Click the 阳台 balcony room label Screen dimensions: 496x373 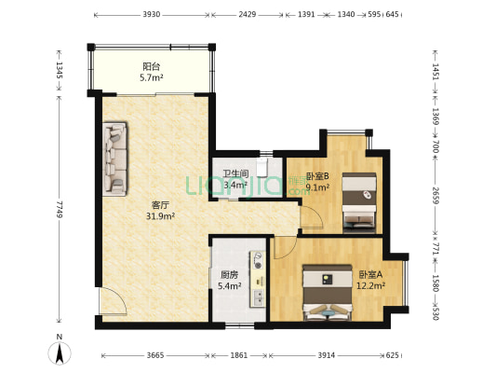click(152, 66)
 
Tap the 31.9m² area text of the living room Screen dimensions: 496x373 click(161, 216)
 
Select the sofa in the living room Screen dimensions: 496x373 click(114, 159)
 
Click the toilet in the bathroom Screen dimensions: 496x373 click(262, 167)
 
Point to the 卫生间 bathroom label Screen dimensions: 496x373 click(235, 174)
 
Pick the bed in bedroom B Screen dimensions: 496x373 click(359, 202)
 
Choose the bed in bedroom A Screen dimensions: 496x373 click(328, 292)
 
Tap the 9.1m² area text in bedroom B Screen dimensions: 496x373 click(317, 187)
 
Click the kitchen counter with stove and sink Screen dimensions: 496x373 click(258, 279)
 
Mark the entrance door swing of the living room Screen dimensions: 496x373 click(113, 301)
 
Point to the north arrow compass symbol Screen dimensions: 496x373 click(60, 351)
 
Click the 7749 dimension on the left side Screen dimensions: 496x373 click(60, 209)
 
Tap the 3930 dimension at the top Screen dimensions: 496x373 click(152, 15)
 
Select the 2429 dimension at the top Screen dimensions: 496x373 click(247, 15)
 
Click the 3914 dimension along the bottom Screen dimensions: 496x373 click(327, 355)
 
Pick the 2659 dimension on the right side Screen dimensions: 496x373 click(436, 197)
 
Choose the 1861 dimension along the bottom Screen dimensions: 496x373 click(239, 355)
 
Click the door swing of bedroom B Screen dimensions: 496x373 click(311, 216)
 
